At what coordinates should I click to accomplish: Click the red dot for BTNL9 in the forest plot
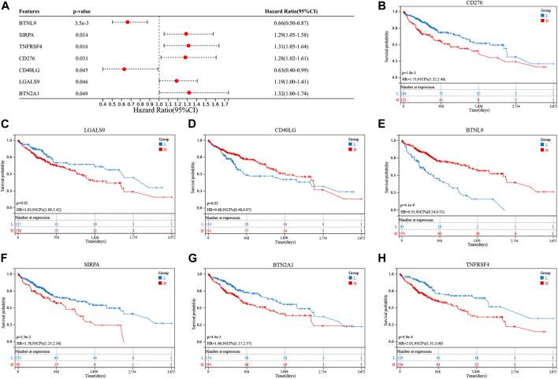pos(128,22)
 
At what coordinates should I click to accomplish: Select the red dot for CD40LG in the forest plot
pos(125,69)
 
